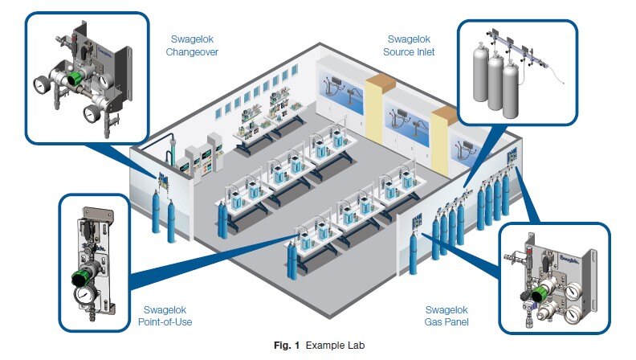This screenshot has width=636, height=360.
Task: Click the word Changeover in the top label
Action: click(195, 52)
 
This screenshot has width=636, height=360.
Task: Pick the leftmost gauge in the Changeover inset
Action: click(37, 84)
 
